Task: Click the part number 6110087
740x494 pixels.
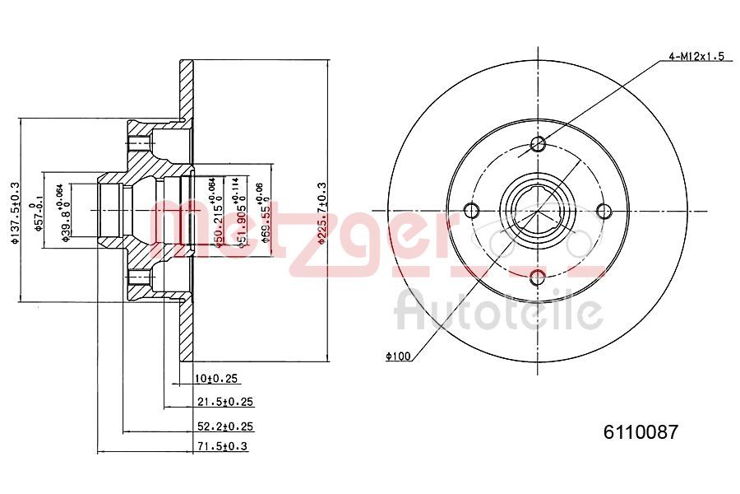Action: point(641,431)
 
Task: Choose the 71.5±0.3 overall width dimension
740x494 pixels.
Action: point(221,446)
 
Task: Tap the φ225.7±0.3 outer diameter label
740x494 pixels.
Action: point(322,213)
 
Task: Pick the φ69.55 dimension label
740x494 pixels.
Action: point(265,217)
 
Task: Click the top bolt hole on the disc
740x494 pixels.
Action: point(539,146)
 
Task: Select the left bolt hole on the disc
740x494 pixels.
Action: point(472,209)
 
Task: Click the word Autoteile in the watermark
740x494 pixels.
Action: point(499,311)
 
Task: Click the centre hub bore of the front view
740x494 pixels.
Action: point(538,209)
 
